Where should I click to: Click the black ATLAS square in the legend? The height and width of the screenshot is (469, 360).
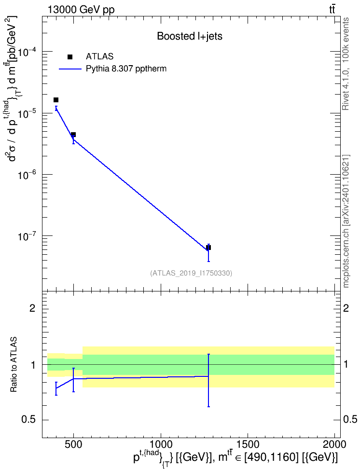coord(70,57)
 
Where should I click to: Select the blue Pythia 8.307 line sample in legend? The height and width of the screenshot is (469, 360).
coord(70,69)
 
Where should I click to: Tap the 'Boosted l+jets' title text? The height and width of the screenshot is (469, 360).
coord(190,37)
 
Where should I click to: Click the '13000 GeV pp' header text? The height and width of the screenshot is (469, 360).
coord(81,10)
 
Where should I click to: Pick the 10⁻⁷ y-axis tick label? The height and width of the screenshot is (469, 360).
coord(29,236)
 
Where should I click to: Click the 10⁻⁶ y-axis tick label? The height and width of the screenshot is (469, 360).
coord(29,175)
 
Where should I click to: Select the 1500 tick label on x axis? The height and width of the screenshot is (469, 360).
coord(248,444)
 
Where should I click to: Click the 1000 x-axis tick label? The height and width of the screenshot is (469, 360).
coord(161,444)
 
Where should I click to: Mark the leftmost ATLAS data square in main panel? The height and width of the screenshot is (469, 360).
coord(56,100)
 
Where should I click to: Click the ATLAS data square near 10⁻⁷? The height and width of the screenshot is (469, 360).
coord(208,248)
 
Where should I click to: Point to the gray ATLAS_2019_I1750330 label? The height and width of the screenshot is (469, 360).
coord(191,273)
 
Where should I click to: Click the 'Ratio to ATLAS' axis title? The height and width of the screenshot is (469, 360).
coord(14,365)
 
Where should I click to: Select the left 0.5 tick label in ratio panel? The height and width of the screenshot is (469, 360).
coord(29,419)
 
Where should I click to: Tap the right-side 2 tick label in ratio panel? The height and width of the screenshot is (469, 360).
coord(346,308)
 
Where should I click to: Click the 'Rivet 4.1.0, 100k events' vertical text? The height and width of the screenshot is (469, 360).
coord(346,64)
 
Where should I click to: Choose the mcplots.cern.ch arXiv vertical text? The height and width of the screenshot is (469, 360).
coord(346,221)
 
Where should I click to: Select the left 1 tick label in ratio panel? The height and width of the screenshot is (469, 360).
coord(33,365)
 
